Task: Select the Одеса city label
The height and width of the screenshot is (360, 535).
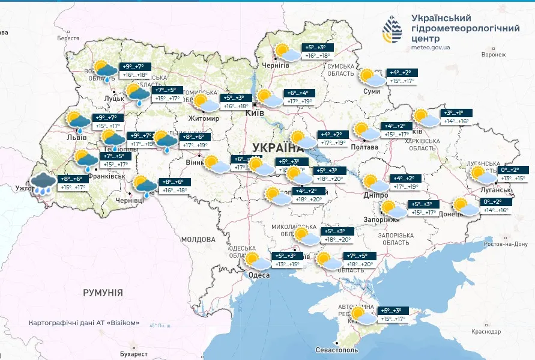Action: (258, 275)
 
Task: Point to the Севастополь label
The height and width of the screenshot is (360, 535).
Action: (337, 350)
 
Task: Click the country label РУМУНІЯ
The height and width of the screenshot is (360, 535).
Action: (103, 293)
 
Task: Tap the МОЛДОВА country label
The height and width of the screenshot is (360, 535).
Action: (194, 239)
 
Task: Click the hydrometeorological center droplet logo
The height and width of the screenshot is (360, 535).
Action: (394, 29)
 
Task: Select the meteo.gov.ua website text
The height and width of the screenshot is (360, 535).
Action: (431, 47)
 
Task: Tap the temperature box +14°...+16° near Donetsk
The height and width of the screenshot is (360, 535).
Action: (496, 210)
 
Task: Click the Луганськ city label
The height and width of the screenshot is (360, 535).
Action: (495, 190)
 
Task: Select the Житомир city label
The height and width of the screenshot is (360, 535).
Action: (204, 118)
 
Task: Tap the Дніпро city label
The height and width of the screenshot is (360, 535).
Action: (375, 196)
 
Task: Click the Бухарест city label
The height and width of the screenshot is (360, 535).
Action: (133, 354)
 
